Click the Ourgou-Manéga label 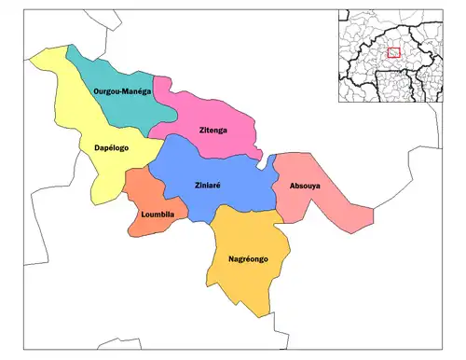point(124,91)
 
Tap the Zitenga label point(214,130)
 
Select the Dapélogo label point(111,148)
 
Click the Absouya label point(305,187)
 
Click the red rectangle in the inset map point(393,53)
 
